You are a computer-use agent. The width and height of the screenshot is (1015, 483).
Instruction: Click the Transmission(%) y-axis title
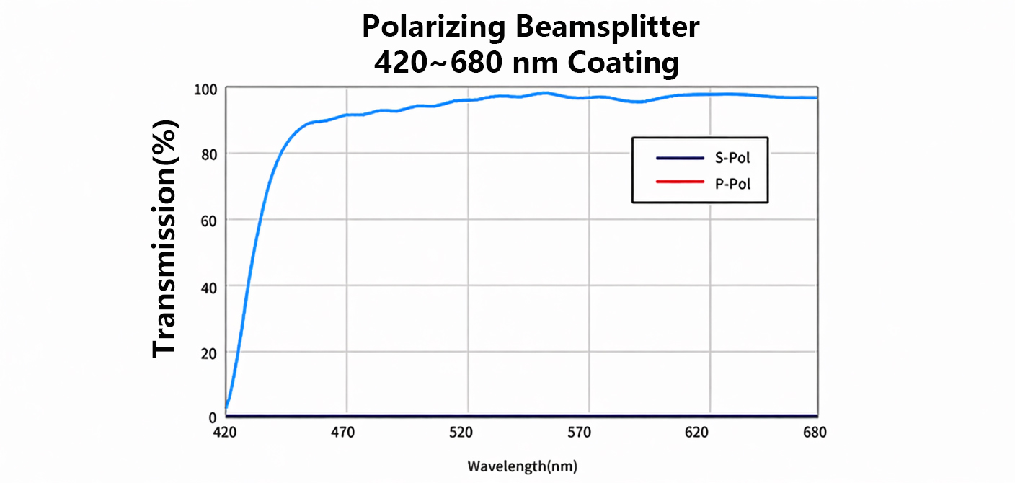tap(165, 238)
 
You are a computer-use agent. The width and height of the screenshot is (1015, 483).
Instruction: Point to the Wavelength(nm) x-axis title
tap(522, 466)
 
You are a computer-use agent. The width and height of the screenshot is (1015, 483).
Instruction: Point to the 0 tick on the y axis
tap(212, 417)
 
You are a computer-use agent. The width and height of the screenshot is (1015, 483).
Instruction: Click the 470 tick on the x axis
tap(342, 433)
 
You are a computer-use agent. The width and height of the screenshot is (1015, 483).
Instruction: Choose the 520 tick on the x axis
tap(461, 433)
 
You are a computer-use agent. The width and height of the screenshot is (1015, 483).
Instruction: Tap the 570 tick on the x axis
tap(580, 433)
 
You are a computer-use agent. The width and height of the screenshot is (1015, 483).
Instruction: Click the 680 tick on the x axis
tap(815, 433)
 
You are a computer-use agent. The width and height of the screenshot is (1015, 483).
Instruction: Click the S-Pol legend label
tap(732, 159)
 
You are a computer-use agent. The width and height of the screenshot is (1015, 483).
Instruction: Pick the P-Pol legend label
tap(732, 184)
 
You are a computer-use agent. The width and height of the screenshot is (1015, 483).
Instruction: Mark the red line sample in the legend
tap(680, 183)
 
